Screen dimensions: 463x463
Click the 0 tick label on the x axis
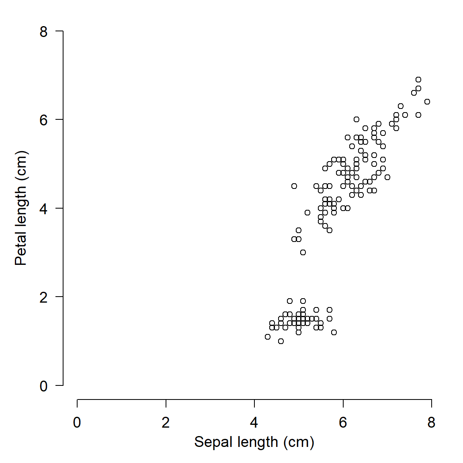(77, 422)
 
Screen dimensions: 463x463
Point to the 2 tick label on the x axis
(166, 422)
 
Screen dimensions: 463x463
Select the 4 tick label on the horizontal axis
(254, 422)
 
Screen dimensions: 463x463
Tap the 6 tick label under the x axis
(343, 422)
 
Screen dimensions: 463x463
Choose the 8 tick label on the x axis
(431, 422)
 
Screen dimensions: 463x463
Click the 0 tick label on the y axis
(44, 386)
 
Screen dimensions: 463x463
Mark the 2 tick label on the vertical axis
(44, 297)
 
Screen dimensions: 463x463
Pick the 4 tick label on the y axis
(44, 209)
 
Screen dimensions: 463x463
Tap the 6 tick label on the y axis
(44, 120)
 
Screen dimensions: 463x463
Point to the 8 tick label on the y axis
(44, 32)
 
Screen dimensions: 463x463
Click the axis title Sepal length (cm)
(254, 442)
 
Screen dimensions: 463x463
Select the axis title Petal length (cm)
(21, 208)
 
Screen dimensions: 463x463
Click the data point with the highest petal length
(418, 80)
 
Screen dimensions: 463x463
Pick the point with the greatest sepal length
(427, 102)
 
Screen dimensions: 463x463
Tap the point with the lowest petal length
(281, 341)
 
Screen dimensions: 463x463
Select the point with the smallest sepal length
(268, 337)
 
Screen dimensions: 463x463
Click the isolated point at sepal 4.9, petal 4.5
(294, 186)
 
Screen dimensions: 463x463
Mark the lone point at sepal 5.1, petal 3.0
(303, 252)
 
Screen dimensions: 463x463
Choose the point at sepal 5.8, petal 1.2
(334, 332)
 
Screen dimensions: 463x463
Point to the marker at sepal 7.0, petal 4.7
(387, 177)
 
